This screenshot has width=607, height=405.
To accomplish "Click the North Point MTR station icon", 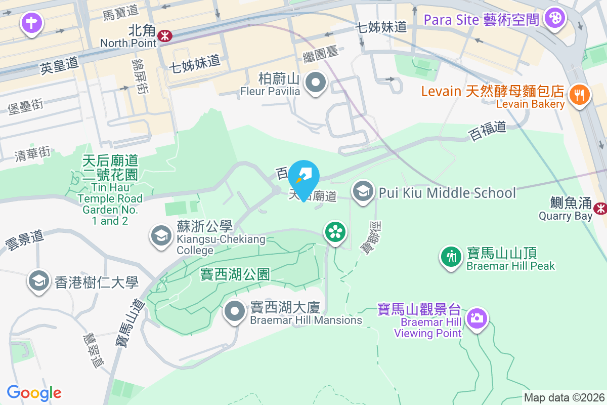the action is [164, 35].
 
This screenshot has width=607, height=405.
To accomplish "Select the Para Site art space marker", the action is [555, 19].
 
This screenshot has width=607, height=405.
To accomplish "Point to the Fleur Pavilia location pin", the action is [316, 82].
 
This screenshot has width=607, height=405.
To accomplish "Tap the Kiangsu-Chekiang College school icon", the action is [161, 235].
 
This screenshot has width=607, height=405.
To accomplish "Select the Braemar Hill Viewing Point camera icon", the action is [476, 318].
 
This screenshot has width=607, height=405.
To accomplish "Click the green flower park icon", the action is [334, 232].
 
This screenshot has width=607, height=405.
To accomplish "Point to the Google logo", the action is [34, 393].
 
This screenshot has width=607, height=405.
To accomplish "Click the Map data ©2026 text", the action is [563, 398].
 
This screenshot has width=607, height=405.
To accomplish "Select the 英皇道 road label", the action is [59, 65].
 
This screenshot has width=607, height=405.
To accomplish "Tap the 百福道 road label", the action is [488, 131].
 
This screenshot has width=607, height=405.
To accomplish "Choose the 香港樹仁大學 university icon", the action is [39, 281].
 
